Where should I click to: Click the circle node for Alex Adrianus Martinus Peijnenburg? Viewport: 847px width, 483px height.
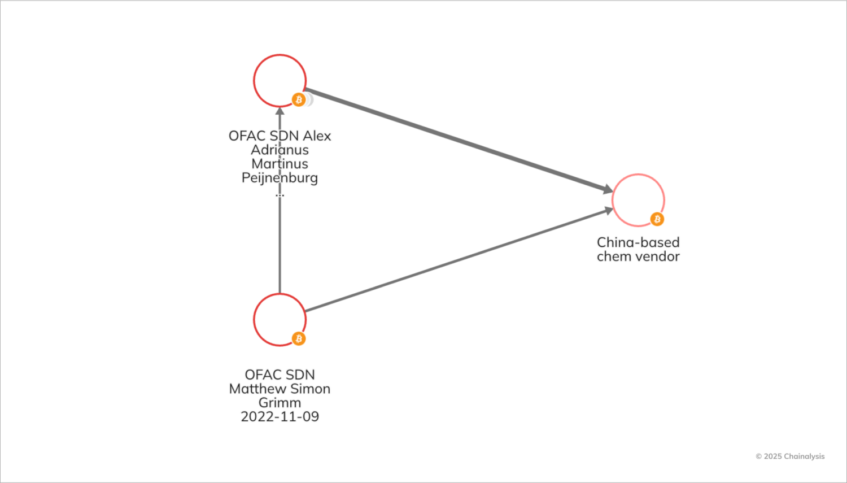[280, 81]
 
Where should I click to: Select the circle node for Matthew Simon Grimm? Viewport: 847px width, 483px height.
[280, 320]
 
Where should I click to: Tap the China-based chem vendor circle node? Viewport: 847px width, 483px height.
[638, 200]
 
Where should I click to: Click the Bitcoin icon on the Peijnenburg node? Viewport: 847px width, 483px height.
[298, 100]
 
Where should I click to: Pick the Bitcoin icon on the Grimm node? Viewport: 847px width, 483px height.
[298, 338]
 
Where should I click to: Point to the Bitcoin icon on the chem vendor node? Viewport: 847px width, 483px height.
[657, 219]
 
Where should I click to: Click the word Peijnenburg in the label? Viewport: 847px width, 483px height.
[280, 178]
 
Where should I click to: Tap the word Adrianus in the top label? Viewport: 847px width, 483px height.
[280, 150]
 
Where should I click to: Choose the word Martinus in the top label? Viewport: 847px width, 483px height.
[280, 164]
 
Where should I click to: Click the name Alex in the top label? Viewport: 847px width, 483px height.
[317, 136]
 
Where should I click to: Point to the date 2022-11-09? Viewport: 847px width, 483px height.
[280, 417]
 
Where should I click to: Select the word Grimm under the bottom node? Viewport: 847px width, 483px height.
[280, 403]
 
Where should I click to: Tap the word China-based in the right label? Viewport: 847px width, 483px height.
[638, 242]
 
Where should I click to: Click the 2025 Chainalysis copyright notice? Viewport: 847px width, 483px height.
[790, 456]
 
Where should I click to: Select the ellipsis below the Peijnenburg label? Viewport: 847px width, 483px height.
[280, 195]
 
